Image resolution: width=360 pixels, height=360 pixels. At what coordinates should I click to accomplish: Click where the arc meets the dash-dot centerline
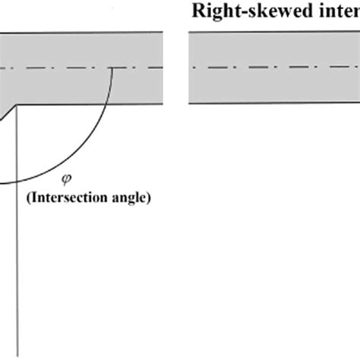click(x=112, y=68)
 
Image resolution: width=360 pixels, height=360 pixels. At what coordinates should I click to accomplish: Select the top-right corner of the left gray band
click(x=163, y=32)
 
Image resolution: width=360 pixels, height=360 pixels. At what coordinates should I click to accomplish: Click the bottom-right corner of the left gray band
click(x=163, y=103)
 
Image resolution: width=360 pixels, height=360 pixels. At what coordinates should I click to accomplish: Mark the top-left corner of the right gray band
click(x=189, y=32)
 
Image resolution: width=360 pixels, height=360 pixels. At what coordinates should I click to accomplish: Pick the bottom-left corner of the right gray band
click(x=189, y=103)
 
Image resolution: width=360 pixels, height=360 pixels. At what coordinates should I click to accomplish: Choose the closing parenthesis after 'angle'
click(x=150, y=200)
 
